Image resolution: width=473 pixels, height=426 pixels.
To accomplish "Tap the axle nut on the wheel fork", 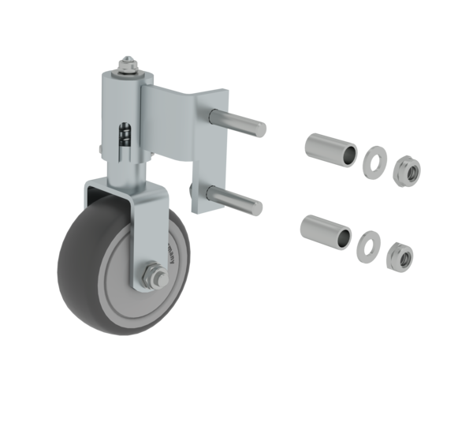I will (152, 278).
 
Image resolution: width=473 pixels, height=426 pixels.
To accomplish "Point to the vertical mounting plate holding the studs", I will (207, 158).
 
